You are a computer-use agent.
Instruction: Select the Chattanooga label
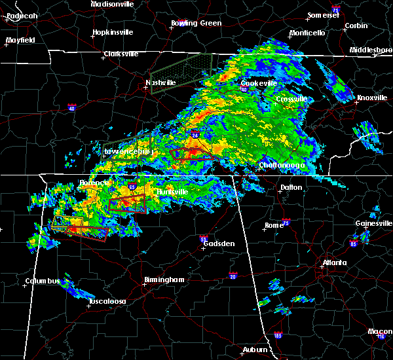tap(283, 166)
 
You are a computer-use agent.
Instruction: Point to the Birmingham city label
tap(164, 279)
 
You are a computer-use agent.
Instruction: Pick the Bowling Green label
tap(196, 23)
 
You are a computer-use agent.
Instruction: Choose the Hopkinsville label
tap(113, 32)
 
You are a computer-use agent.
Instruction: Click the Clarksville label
tap(122, 54)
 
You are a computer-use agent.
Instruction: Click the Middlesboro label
tap(371, 50)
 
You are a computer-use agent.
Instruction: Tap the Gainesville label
tap(374, 223)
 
